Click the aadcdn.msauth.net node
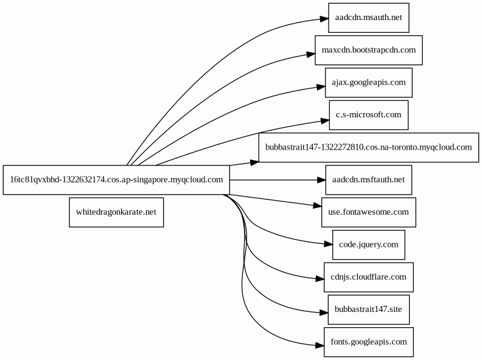(369, 18)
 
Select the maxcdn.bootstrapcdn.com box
(369, 50)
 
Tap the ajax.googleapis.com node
(369, 83)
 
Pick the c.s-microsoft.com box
(369, 115)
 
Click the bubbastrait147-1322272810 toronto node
(369, 147)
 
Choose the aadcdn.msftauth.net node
(369, 180)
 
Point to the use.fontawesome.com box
(369, 212)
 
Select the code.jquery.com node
(369, 245)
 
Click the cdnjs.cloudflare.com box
(369, 277)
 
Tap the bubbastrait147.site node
(369, 310)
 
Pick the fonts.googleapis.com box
(369, 342)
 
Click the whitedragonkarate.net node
(116, 212)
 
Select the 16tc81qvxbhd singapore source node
(116, 180)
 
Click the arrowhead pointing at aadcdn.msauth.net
(324, 19)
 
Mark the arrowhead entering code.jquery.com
(328, 244)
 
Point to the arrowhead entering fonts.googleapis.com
(320, 345)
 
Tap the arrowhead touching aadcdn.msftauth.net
(321, 180)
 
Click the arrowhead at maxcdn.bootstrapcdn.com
(311, 55)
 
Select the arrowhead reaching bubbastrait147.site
(324, 313)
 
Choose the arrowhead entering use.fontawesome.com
(318, 206)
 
